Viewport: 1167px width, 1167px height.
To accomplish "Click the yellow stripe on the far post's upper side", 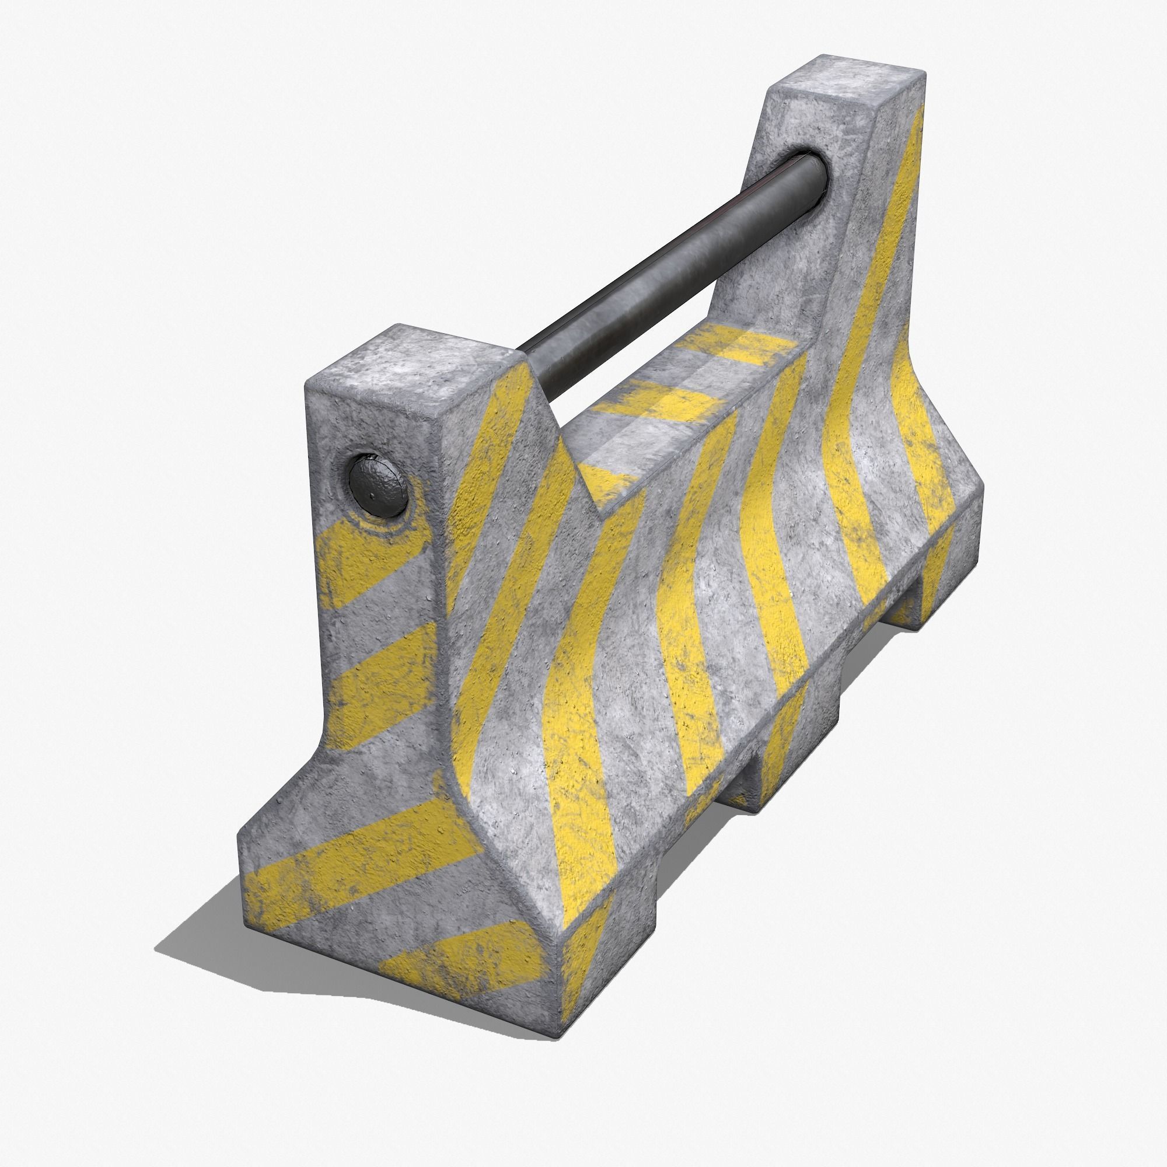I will point(894,200).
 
